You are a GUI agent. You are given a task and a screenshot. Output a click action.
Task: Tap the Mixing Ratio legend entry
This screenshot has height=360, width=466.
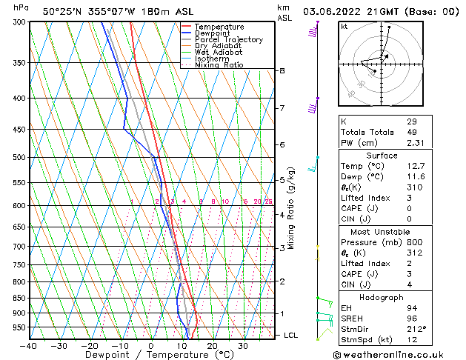click(x=219, y=65)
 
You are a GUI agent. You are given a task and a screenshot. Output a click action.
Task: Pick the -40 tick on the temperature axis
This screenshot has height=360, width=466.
click(x=29, y=346)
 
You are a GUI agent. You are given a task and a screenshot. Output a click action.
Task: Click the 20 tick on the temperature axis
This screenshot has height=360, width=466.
click(x=212, y=346)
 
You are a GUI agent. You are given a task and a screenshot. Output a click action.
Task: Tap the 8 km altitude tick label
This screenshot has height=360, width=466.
click(x=282, y=70)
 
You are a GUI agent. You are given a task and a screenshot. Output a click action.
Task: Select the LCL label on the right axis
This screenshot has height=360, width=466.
click(x=291, y=336)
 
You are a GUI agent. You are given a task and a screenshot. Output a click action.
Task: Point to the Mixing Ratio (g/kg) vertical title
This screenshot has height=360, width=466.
click(x=292, y=208)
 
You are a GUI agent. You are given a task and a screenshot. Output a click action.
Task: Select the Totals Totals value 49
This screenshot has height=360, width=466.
click(x=412, y=132)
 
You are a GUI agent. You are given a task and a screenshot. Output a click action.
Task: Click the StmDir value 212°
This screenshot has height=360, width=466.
click(x=416, y=329)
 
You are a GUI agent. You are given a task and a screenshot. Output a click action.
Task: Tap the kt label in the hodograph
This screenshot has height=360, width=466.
click(x=344, y=26)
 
